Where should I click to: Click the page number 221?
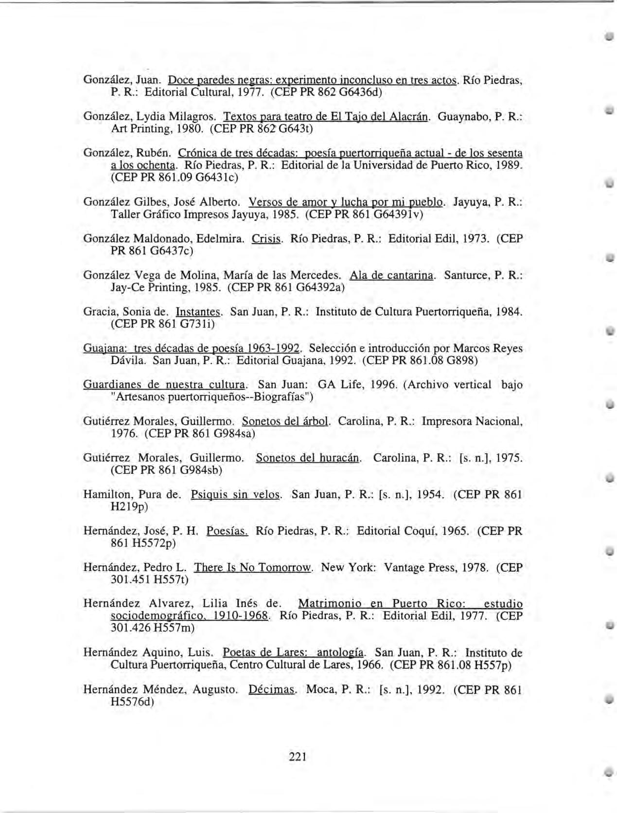[297, 756]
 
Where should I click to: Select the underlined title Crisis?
[266, 239]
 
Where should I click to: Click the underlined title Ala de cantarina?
[391, 275]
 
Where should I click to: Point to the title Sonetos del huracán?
[308, 458]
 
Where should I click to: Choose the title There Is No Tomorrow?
[253, 567]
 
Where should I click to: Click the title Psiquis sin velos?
[236, 494]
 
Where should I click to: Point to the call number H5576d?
[132, 701]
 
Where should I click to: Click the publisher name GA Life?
[339, 385]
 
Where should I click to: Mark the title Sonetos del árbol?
[285, 421]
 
